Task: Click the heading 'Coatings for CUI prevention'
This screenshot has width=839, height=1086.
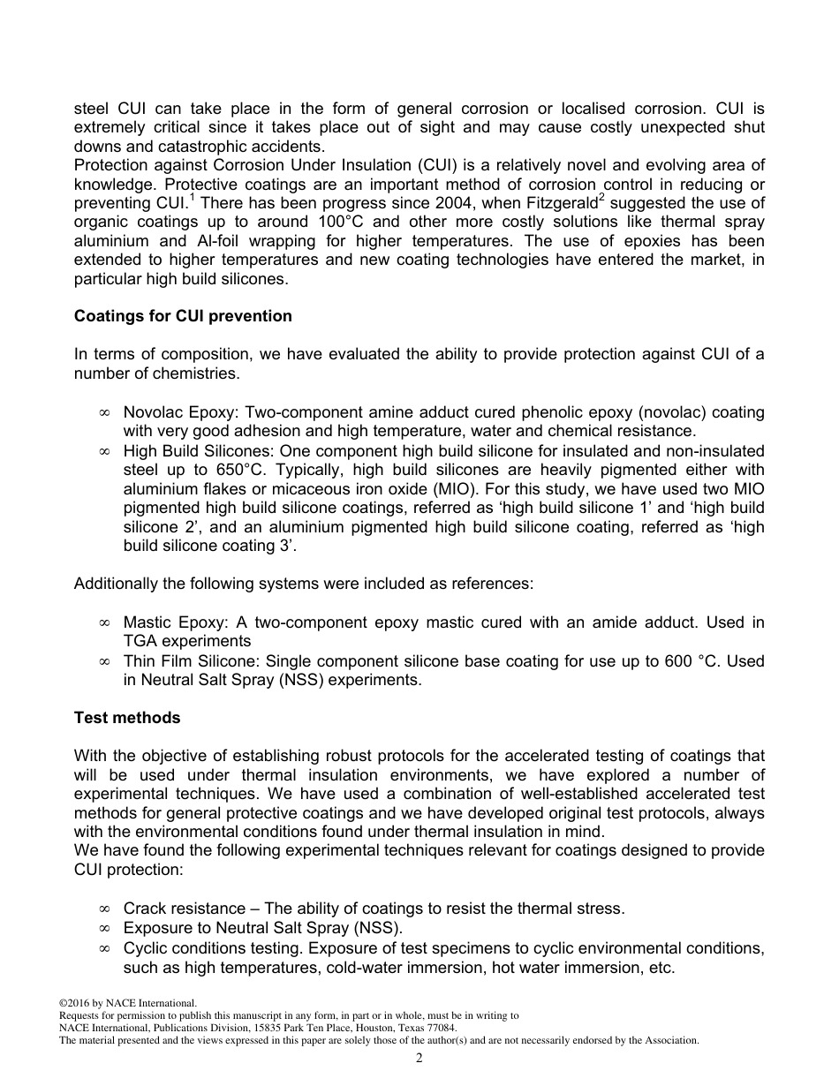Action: click(183, 316)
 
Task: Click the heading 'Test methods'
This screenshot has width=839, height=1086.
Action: click(127, 718)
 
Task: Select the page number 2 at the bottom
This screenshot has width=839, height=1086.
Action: click(419, 1059)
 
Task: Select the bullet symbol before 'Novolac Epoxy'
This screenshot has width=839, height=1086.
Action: click(104, 413)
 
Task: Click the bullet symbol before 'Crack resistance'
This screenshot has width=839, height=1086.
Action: click(104, 909)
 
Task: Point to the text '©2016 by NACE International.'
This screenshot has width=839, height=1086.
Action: click(127, 1003)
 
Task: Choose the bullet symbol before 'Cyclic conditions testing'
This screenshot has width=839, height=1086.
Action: click(104, 949)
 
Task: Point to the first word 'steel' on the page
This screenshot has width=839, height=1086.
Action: click(92, 109)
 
